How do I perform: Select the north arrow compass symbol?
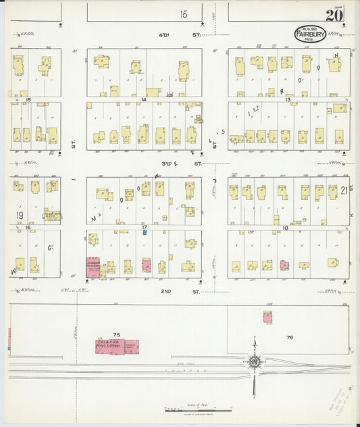pyautogui.click(x=254, y=361)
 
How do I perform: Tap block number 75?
pyautogui.click(x=116, y=334)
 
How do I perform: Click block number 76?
pyautogui.click(x=289, y=336)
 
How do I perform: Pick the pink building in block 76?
pyautogui.click(x=268, y=317)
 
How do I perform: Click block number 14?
pyautogui.click(x=143, y=99)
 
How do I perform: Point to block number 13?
pyautogui.click(x=287, y=99)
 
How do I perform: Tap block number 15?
pyautogui.click(x=28, y=99)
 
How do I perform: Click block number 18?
pyautogui.click(x=286, y=228)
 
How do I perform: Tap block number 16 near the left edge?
pyautogui.click(x=28, y=228)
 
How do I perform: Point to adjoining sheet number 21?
pyautogui.click(x=343, y=191)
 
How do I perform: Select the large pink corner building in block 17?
pyautogui.click(x=93, y=268)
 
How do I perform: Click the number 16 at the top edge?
pyautogui.click(x=183, y=14)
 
